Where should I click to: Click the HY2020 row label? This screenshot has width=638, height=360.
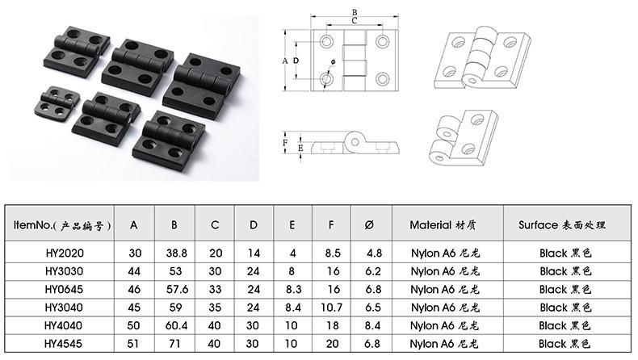pos(65,253)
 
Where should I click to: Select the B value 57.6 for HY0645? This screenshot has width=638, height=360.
pos(177,289)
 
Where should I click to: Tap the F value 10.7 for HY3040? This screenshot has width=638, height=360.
pos(331,307)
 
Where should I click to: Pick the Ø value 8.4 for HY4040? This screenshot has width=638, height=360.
pos(372,325)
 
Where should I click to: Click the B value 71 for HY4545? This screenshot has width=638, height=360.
pos(174,344)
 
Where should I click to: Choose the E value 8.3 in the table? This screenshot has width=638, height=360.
pos(293,289)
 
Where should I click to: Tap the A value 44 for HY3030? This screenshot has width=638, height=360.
pos(134,271)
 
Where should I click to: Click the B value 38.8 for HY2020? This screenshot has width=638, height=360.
pos(177,253)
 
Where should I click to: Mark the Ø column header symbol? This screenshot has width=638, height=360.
pos(369,225)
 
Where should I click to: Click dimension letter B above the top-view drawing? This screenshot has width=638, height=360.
pos(355,13)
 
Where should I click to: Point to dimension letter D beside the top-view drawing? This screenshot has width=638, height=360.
pos(296,61)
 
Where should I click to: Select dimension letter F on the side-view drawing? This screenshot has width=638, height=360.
pos(285,143)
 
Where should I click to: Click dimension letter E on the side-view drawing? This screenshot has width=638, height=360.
pos(300,148)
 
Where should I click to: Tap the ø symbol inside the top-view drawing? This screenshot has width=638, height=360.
pos(333,62)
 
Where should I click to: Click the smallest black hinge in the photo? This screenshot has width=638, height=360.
pos(57,105)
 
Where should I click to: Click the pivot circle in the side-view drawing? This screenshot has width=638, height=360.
pos(355,142)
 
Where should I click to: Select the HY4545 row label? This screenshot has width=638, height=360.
pos(64,344)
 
